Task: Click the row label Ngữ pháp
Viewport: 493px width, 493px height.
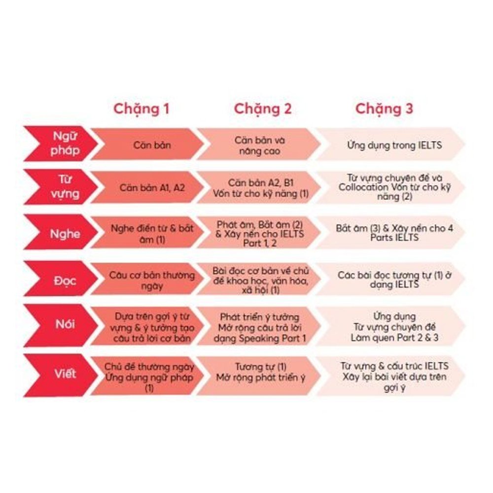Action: (65, 144)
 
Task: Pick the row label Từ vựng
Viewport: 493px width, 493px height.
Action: (65, 186)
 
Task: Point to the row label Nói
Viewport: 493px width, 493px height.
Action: (65, 326)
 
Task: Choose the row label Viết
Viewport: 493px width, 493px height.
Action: (65, 374)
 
